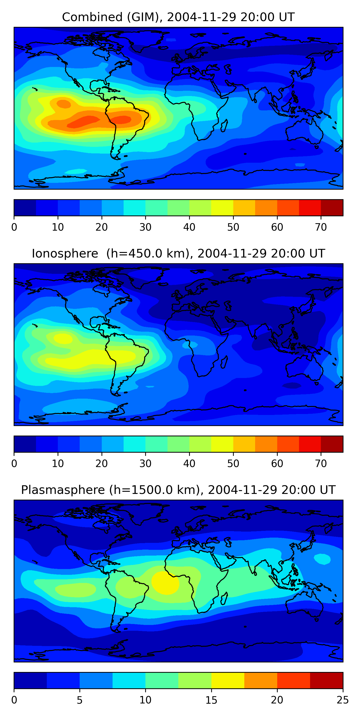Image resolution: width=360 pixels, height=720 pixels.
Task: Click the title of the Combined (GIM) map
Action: pyautogui.click(x=178, y=17)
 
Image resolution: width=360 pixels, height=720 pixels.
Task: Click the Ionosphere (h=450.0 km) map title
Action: pyautogui.click(x=178, y=253)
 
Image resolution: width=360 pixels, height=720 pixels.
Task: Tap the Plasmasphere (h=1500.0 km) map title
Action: pyautogui.click(x=178, y=490)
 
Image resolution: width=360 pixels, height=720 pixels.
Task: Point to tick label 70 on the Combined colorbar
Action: pyautogui.click(x=321, y=227)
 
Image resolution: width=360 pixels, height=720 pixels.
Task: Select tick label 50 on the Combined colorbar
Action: pyautogui.click(x=233, y=227)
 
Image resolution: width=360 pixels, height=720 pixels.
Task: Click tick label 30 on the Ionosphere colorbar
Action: pyautogui.click(x=145, y=463)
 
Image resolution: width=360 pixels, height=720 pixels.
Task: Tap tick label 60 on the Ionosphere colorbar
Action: pyautogui.click(x=277, y=463)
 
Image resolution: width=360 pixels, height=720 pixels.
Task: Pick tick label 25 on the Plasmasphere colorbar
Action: pyautogui.click(x=342, y=700)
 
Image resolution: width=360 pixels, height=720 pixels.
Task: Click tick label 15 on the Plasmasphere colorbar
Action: pyautogui.click(x=211, y=700)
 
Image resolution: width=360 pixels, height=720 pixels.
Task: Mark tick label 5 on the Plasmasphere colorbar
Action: pyautogui.click(x=80, y=700)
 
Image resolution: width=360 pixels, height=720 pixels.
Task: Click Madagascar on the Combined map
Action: pyautogui.click(x=224, y=126)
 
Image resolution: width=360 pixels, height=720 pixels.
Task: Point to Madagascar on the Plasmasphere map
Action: pyautogui.click(x=224, y=598)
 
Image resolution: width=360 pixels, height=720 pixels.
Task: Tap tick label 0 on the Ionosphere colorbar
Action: pyautogui.click(x=14, y=463)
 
